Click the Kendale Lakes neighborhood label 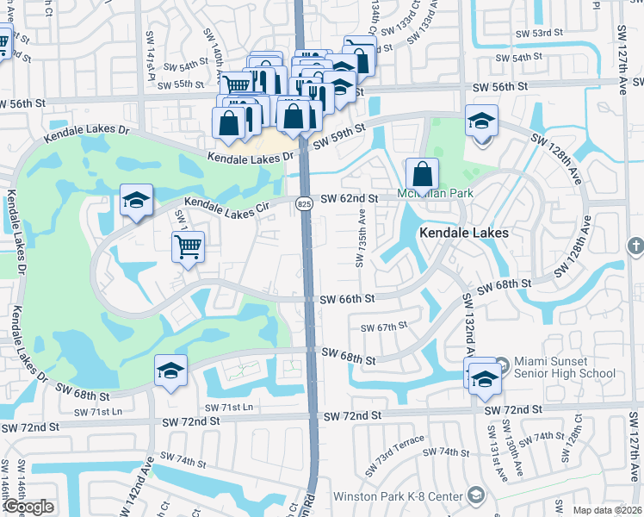[x=463, y=233]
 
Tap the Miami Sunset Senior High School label [x=564, y=367]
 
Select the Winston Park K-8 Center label [x=536, y=495]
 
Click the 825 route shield [x=304, y=203]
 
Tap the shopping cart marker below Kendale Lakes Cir [x=188, y=247]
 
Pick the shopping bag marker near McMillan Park [x=422, y=174]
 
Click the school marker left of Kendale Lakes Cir [x=136, y=202]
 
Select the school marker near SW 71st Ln [x=170, y=372]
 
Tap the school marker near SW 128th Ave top [x=481, y=121]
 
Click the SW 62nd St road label [x=350, y=199]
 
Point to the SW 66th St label [x=348, y=299]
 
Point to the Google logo [x=28, y=507]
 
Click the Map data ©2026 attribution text [x=607, y=510]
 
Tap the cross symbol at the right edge [x=635, y=246]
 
